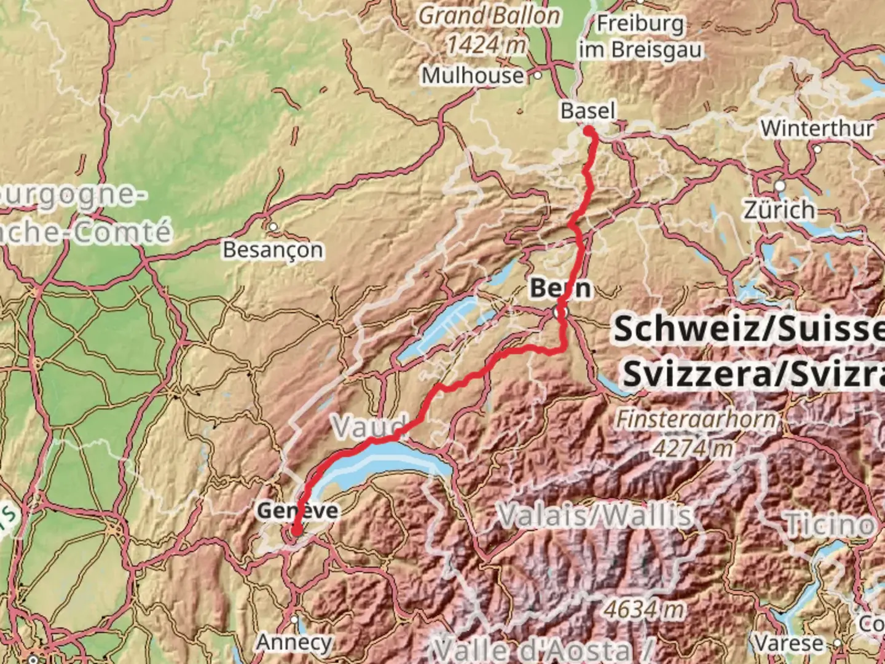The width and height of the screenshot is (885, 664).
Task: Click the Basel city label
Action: (x=588, y=111)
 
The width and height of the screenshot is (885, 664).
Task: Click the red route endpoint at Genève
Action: (x=296, y=531)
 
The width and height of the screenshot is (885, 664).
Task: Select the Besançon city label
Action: (x=273, y=250)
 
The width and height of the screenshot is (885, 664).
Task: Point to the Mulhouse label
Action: (x=472, y=76)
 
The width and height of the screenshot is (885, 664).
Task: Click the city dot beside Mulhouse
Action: (x=538, y=76)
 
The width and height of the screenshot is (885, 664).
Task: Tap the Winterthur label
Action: (x=817, y=128)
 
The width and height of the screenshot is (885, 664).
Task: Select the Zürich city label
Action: (x=779, y=210)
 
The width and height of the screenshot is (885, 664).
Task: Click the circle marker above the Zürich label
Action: (x=780, y=186)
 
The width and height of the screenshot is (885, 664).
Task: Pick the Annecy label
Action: (x=294, y=642)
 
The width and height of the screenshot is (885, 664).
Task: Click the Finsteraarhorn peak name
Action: (x=696, y=419)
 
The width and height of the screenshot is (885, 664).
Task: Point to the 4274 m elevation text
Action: (x=693, y=448)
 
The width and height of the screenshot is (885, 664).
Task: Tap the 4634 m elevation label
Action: (x=643, y=609)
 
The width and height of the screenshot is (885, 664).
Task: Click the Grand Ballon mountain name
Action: (x=490, y=16)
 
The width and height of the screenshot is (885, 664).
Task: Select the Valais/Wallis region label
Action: (x=595, y=515)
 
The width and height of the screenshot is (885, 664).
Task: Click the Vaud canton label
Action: (x=369, y=425)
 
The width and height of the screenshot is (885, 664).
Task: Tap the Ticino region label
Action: (x=830, y=524)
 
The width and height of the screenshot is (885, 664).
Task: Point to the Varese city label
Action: (x=789, y=643)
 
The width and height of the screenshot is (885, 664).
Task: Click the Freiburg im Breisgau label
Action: (x=640, y=37)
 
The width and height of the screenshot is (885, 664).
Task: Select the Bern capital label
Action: (x=560, y=288)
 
